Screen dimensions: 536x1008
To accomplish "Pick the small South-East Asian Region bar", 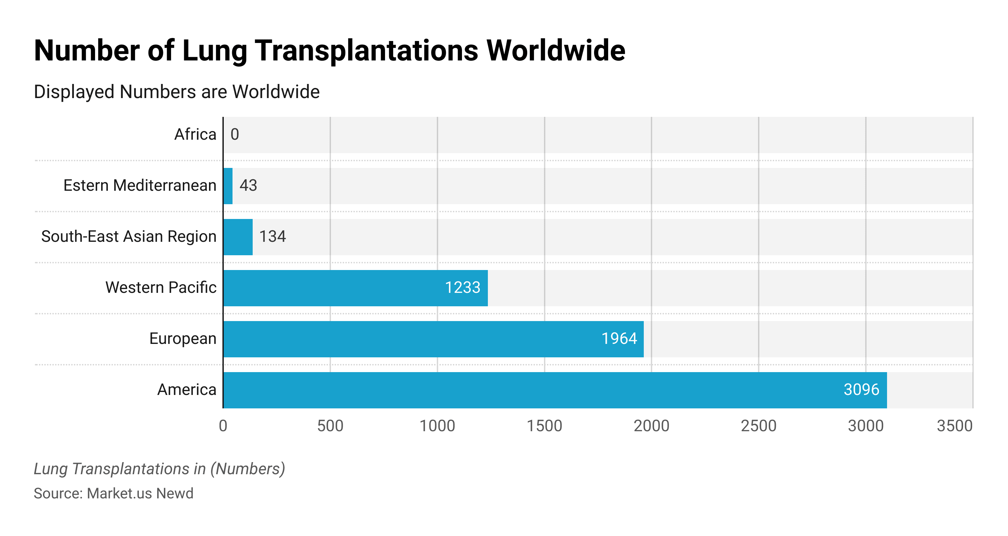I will (x=238, y=237).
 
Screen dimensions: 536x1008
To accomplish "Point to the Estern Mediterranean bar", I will (x=228, y=186).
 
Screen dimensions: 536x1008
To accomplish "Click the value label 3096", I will (x=861, y=390).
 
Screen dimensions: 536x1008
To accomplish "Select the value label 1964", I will (x=619, y=339).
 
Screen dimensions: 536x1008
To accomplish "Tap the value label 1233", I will (x=463, y=287).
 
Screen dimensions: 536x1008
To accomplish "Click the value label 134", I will (x=272, y=237).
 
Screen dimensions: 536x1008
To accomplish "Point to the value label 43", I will (x=248, y=185).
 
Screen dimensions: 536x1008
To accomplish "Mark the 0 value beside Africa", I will (x=235, y=135).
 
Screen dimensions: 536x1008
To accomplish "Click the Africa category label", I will (x=195, y=135).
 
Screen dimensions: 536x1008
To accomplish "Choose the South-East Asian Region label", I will (x=129, y=237).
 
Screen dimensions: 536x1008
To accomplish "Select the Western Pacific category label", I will (x=161, y=287).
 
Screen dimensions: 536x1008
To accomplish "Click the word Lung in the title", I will (x=214, y=51).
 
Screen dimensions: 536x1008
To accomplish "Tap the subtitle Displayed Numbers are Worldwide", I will (x=176, y=92).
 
